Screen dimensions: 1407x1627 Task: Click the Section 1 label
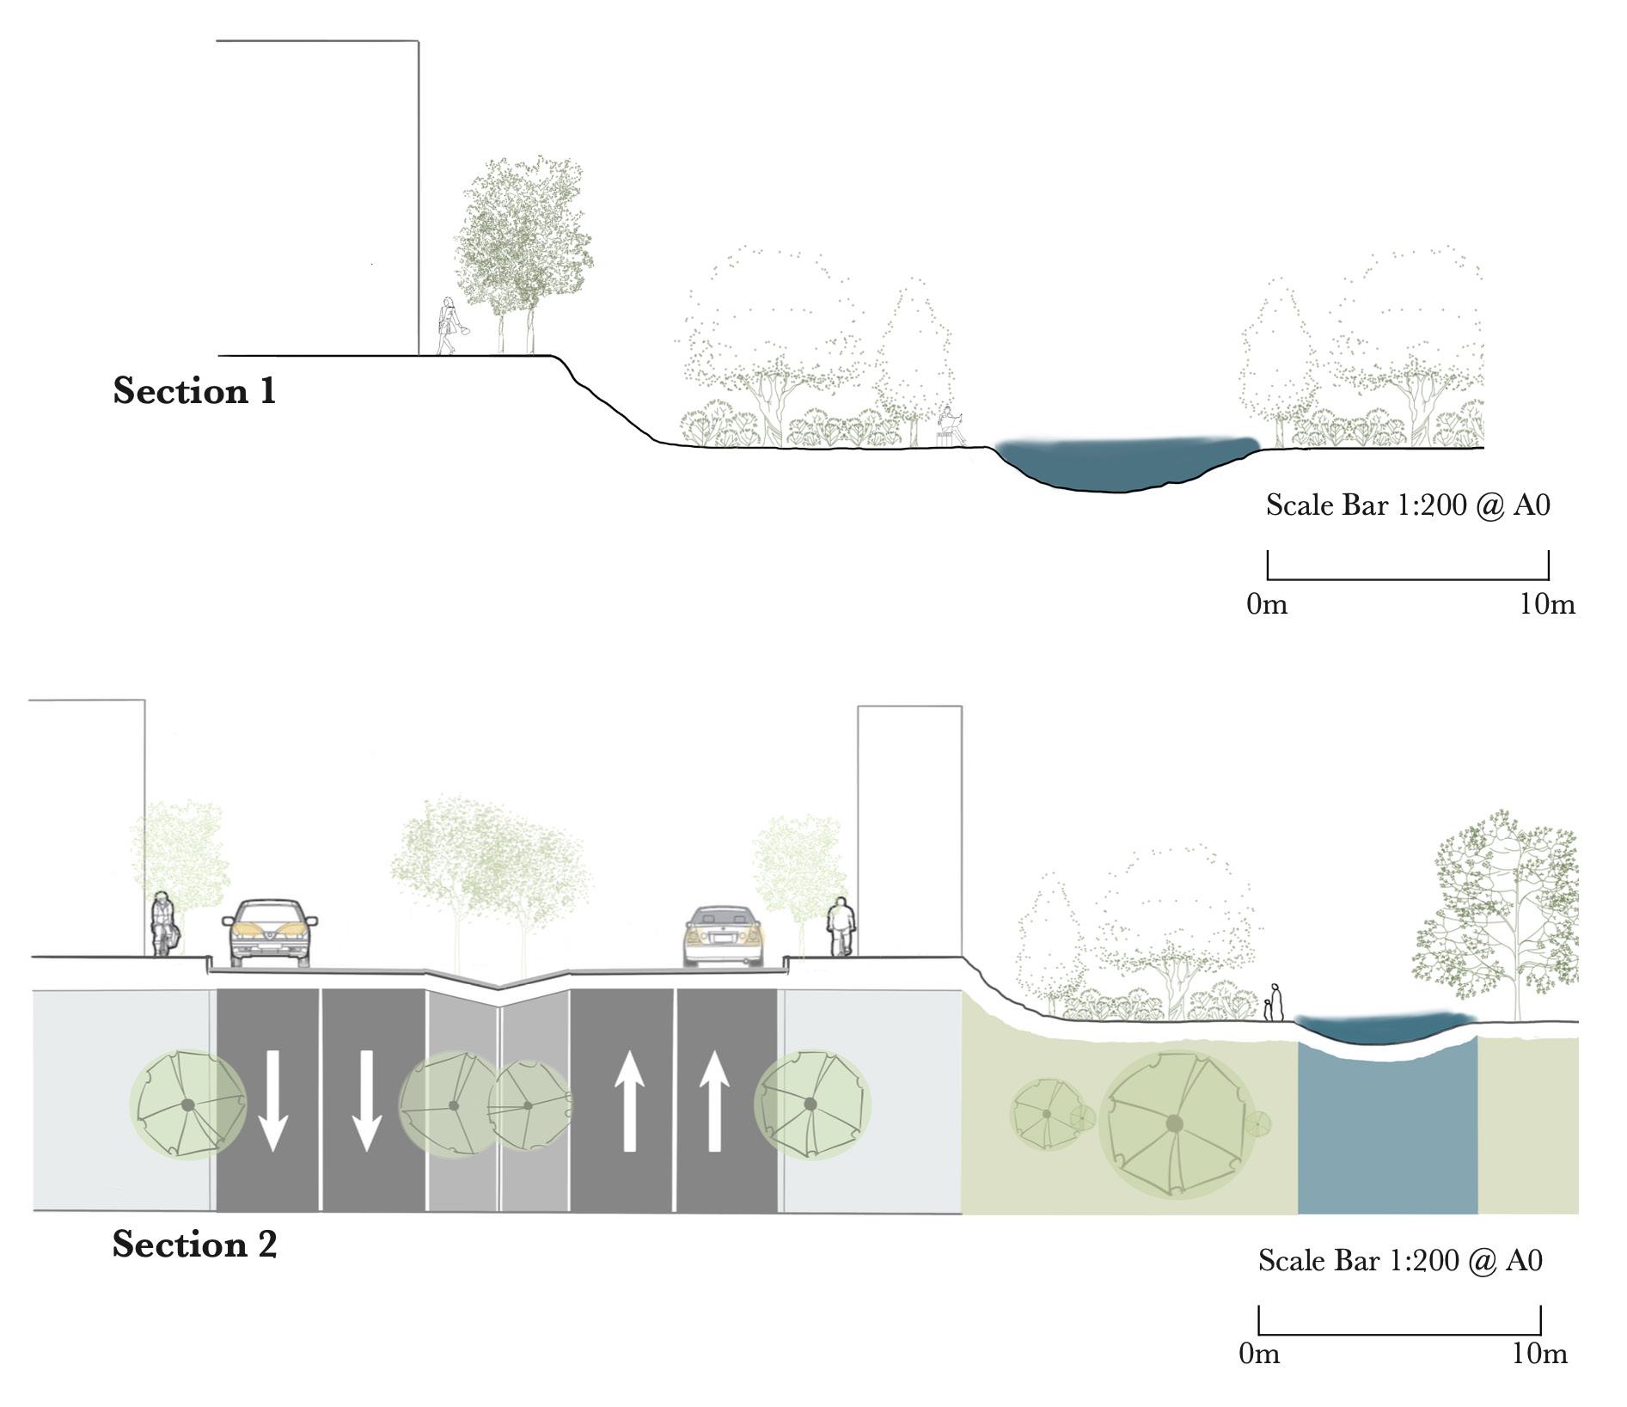(194, 391)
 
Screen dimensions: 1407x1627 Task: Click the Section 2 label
(194, 1244)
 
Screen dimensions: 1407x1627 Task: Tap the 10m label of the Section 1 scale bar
(1547, 604)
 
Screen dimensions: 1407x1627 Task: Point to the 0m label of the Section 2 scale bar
(1259, 1355)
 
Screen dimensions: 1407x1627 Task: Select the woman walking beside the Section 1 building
(448, 327)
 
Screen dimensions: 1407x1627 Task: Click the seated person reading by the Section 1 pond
(949, 426)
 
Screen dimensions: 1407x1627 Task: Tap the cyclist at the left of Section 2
(163, 925)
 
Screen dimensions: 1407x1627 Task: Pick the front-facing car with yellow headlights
(269, 933)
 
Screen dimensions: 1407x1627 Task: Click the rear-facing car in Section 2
(723, 937)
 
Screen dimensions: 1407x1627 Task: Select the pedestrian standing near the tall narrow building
(841, 927)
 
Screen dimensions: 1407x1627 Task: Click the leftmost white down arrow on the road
(272, 1103)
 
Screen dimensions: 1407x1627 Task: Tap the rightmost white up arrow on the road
(713, 1103)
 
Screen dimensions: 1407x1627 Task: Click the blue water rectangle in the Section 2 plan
(1386, 1135)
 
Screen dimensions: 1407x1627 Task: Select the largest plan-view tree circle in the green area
(1173, 1123)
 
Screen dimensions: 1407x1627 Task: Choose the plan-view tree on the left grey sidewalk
(187, 1104)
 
